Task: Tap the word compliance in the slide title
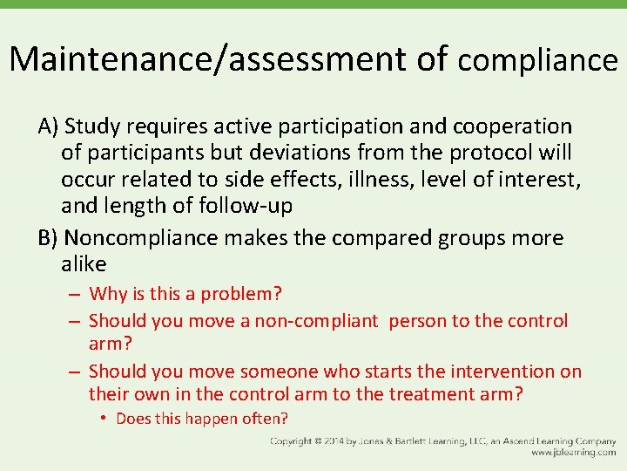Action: click(537, 60)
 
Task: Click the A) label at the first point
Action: click(48, 126)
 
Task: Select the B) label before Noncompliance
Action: click(48, 238)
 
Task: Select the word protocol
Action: click(493, 154)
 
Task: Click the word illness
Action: click(368, 181)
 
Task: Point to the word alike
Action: click(84, 264)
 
